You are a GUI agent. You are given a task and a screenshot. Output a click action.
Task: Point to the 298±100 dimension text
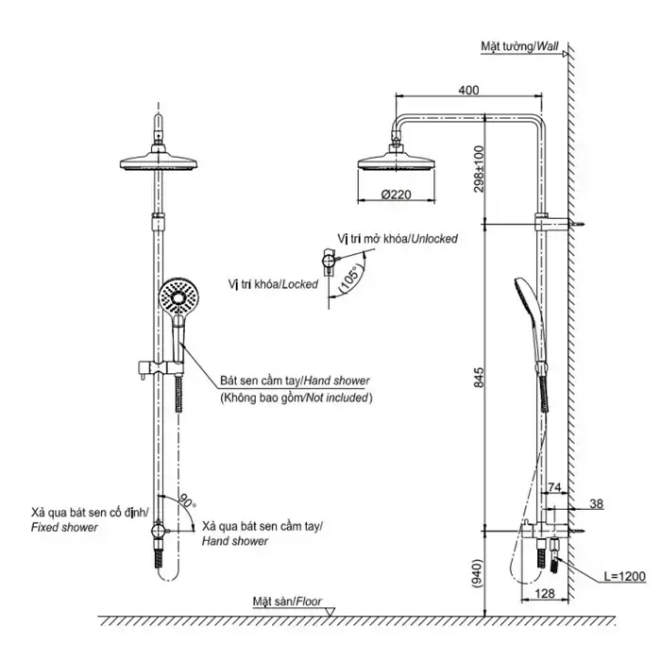pos(479,167)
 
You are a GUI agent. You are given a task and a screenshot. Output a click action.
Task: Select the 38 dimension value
pos(595,503)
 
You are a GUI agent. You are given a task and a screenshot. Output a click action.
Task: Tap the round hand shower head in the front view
pos(178,297)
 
